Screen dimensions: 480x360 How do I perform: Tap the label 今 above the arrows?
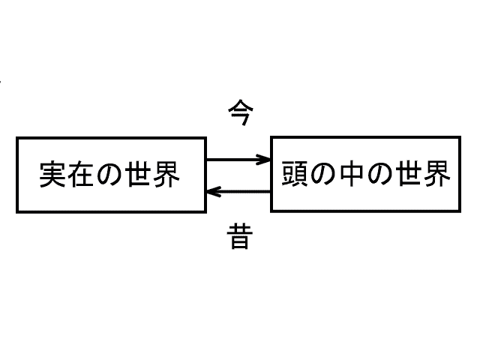click(241, 112)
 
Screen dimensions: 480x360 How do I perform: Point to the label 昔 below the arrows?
click(240, 236)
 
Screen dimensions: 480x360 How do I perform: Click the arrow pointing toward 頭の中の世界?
click(238, 160)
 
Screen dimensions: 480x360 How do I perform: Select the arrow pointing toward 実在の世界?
click(238, 192)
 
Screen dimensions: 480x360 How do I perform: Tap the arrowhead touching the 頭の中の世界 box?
click(264, 160)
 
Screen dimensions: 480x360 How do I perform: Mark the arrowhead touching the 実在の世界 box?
click(214, 192)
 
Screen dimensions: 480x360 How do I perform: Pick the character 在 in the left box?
click(81, 175)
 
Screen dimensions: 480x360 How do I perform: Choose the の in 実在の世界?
click(109, 175)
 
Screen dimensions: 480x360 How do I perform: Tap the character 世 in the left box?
click(138, 175)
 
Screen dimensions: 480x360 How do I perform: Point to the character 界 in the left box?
click(166, 175)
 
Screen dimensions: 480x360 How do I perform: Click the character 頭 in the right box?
click(295, 173)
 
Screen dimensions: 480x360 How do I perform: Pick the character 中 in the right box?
click(351, 173)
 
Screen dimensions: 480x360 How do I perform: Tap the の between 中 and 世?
click(379, 174)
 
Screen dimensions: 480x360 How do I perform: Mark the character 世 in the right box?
click(408, 173)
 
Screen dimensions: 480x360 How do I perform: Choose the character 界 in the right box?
click(436, 173)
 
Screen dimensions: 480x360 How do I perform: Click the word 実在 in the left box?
click(67, 175)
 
